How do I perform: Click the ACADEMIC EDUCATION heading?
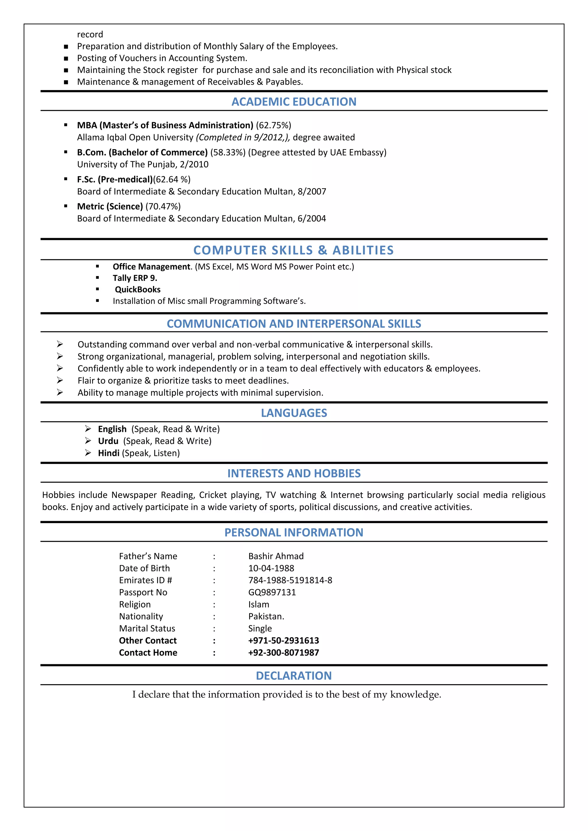coord(294,102)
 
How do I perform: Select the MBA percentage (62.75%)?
coord(273,125)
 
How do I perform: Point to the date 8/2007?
coord(312,191)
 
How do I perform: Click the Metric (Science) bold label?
coord(110,206)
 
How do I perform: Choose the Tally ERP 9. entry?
coord(135,278)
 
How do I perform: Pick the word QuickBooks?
coord(138,290)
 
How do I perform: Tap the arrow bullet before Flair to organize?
coord(60,380)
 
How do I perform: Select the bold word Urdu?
coord(108,441)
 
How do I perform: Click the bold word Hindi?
coord(109,453)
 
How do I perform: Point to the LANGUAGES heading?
coord(294,413)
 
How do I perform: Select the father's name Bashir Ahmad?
coord(276,556)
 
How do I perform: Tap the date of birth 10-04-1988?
coord(271,568)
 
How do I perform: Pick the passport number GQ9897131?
coord(272,592)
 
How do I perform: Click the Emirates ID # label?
coord(145,580)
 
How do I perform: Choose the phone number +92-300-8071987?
coord(283,653)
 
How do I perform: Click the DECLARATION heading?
coord(294,676)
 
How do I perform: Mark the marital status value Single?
coord(260,628)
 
